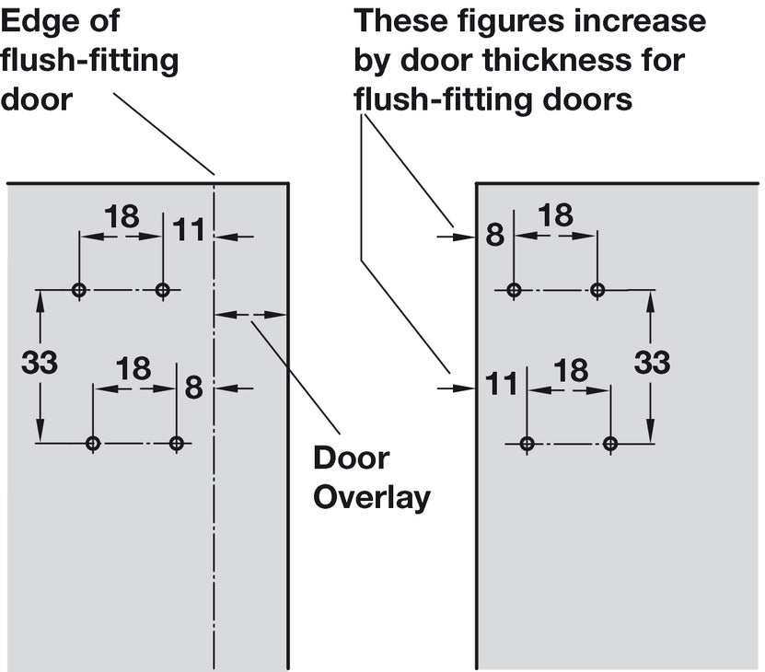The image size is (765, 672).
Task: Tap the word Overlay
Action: pos(372,498)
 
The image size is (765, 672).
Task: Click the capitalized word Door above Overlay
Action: pos(352,458)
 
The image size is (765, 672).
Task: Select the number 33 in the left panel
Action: pos(40,363)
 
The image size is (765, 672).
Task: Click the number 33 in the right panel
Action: pos(653,363)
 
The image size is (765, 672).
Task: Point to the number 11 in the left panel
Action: pos(189,230)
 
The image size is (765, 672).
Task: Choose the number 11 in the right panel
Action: pos(502,384)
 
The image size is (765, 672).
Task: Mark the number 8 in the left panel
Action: pos(193,388)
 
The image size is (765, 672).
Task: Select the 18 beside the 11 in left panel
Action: pos(122,216)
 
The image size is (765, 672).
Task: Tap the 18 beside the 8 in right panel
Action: pos(556,215)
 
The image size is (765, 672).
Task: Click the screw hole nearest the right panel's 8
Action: pos(514,290)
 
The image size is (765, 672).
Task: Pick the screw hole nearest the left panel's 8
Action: pos(177,444)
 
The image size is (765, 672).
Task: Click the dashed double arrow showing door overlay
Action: pos(250,315)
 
